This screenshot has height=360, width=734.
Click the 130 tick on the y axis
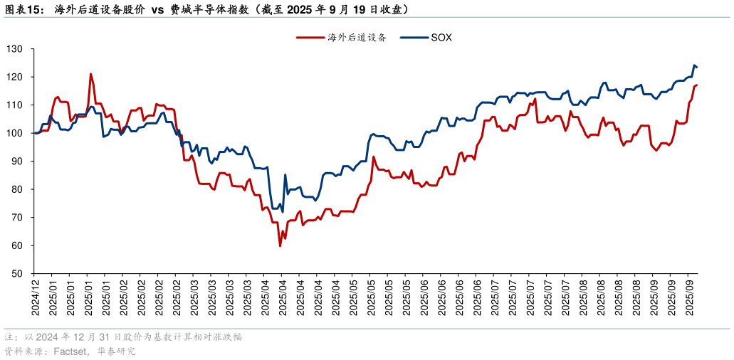point(14,49)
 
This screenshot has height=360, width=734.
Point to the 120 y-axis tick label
point(14,77)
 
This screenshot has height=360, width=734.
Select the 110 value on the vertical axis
point(14,105)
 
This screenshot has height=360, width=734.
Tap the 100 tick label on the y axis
point(14,133)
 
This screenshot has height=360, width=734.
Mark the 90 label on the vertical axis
point(16,162)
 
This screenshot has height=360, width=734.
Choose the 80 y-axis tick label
point(16,189)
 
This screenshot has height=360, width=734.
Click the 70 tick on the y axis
point(16,218)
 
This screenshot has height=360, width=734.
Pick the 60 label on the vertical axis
point(16,245)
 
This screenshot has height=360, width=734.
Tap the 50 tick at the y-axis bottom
point(16,274)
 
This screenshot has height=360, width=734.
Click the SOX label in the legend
point(441,38)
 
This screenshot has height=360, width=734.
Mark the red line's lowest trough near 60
point(281,246)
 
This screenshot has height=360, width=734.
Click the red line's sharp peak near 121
point(90,74)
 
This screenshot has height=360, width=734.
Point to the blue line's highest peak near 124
point(694,65)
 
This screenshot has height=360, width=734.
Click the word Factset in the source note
point(68,351)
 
